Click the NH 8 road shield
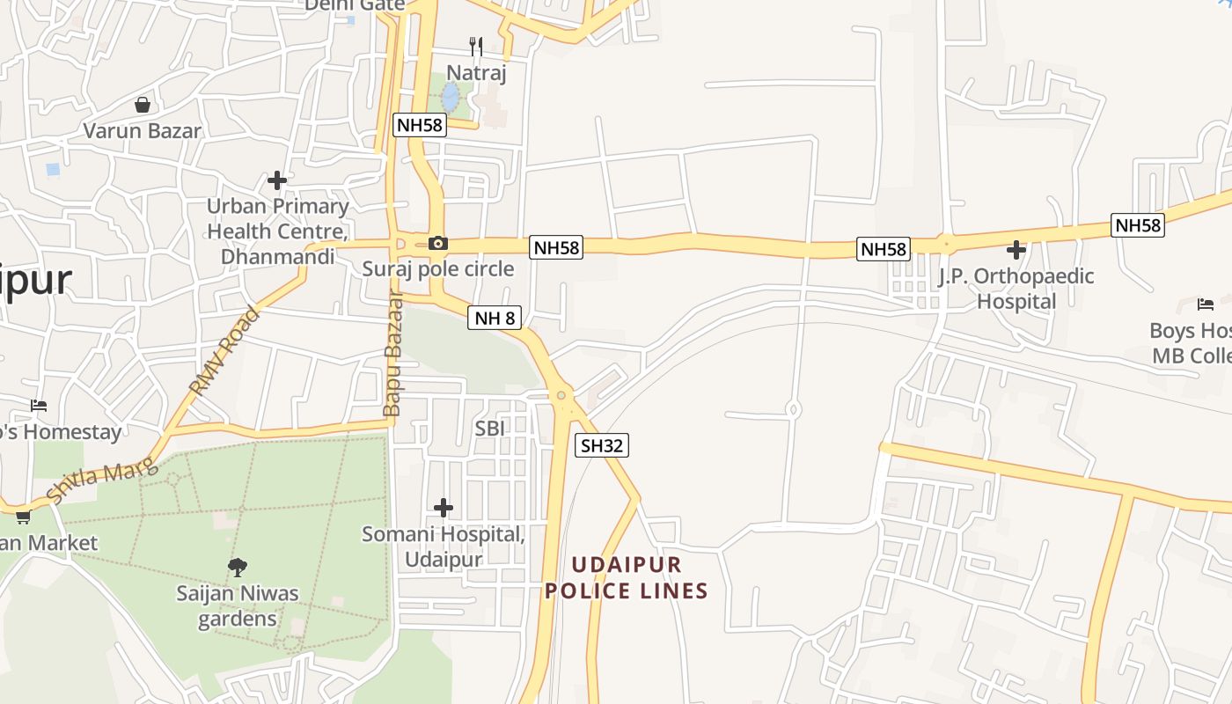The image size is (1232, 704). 494,319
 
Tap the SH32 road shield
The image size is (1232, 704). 602,446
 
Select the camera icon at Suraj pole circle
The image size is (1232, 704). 437,243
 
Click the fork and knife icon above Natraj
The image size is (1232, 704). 476,46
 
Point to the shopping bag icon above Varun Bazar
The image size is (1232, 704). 143,105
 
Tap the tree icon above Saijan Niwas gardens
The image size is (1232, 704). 237,567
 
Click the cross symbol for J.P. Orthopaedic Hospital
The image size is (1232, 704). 1016,250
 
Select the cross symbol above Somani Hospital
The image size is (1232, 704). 444,508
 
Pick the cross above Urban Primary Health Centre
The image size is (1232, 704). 277,180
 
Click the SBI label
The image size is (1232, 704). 490,429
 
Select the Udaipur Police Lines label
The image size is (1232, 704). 626,577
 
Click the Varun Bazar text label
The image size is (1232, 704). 143,131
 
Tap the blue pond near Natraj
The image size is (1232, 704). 450,96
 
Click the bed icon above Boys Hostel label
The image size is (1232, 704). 1205,304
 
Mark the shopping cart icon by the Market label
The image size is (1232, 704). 23,517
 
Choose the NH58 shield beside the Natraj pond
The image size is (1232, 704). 420,125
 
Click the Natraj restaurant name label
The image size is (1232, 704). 476,73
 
